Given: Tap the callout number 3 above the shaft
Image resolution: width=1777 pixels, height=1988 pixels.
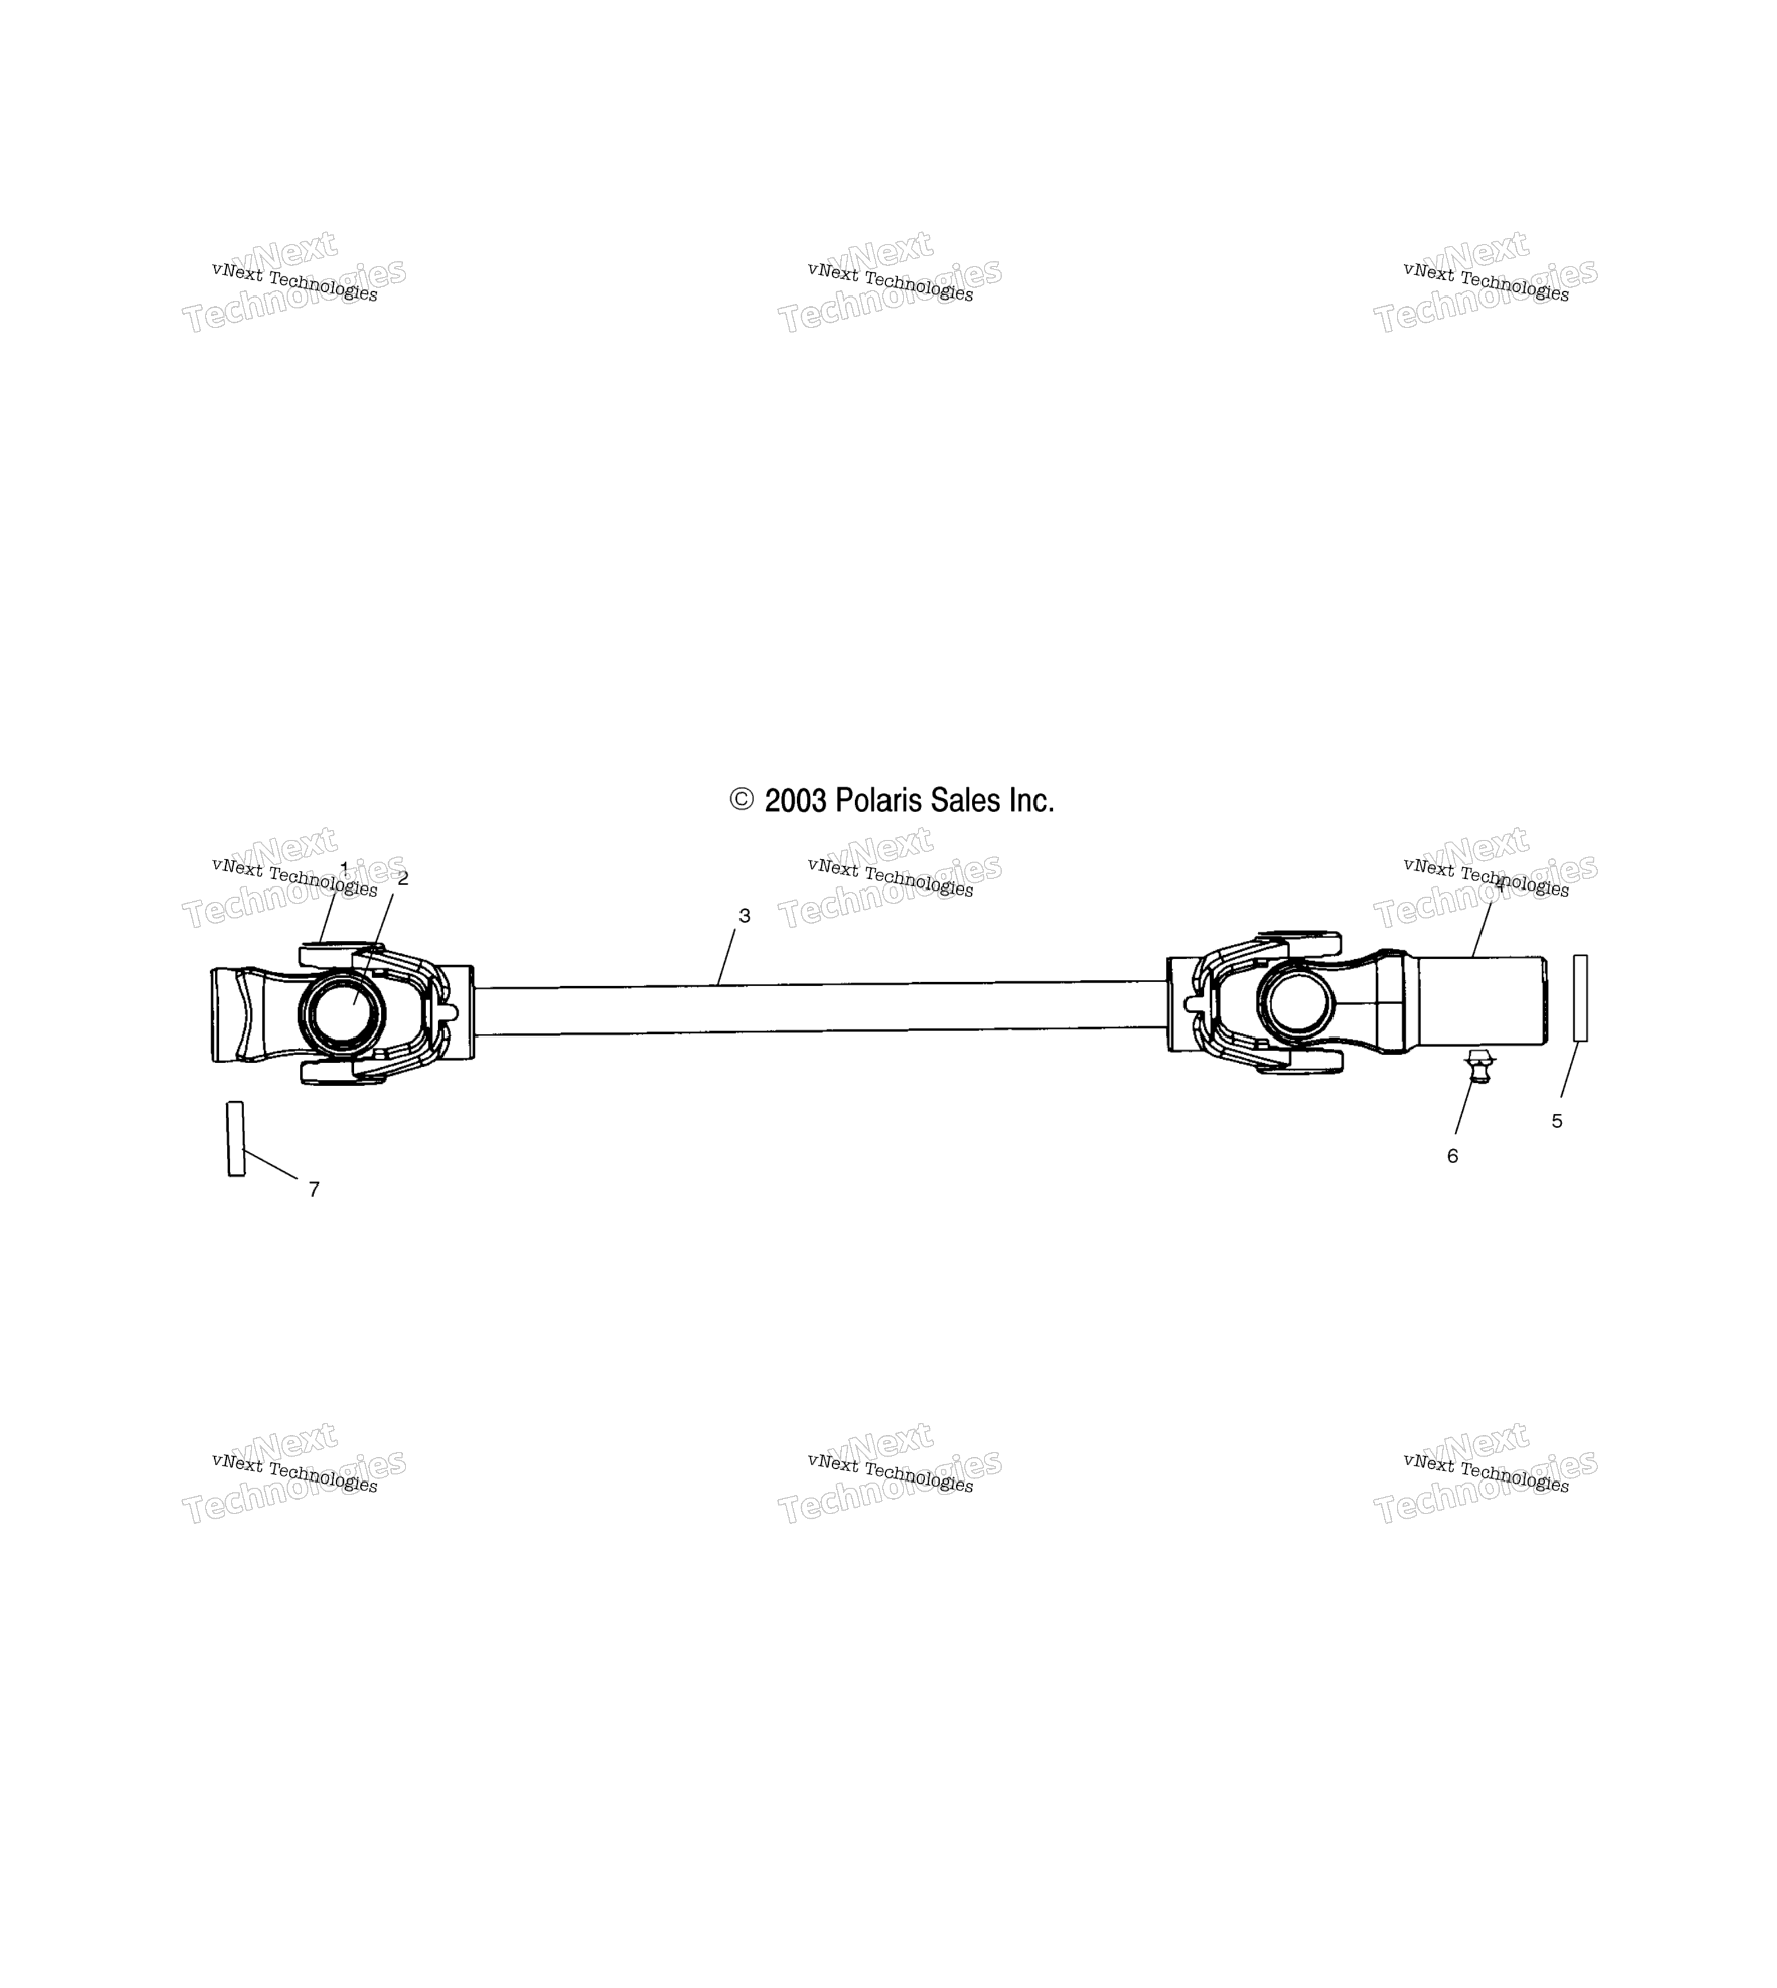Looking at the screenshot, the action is coord(744,916).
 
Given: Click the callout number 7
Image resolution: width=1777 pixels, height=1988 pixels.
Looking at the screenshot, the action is coord(314,1189).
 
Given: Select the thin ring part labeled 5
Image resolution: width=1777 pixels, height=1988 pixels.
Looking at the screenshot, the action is coord(1580,998).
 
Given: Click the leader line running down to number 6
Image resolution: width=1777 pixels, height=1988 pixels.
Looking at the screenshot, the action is coord(1463,1107).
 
